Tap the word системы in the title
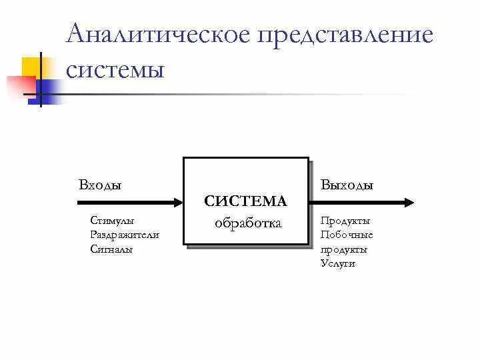115,69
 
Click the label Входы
100,185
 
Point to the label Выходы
347,185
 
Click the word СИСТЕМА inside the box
245,201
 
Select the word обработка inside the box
248,223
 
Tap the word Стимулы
111,221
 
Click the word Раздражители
124,235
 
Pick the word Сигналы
111,249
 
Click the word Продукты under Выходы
345,221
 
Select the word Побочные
347,235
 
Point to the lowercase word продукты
344,249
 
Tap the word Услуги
338,263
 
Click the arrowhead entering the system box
179,202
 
